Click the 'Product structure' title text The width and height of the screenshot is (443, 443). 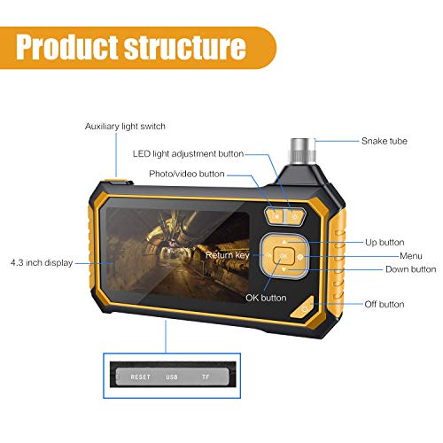[x=131, y=47]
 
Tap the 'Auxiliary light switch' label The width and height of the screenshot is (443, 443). [x=125, y=127]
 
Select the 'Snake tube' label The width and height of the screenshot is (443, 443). [x=385, y=141]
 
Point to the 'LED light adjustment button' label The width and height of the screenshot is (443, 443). [x=188, y=154]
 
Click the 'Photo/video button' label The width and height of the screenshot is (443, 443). [x=187, y=174]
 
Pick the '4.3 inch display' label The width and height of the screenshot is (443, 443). [x=42, y=262]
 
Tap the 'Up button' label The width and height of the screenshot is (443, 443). [x=385, y=243]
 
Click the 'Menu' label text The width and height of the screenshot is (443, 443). [x=411, y=256]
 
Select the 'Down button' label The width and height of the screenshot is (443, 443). [x=411, y=269]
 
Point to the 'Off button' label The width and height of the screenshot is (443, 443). [x=385, y=304]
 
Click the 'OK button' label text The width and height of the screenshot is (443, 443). [x=266, y=298]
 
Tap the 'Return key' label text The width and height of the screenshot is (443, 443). [x=228, y=255]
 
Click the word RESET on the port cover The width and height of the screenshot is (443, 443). [x=141, y=377]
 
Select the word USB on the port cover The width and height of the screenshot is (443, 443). [x=172, y=377]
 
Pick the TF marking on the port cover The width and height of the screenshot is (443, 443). [x=206, y=377]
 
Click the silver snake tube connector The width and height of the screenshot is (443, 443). [x=303, y=151]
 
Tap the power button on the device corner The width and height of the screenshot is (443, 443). [x=303, y=308]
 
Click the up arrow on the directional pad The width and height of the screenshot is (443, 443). [x=284, y=242]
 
